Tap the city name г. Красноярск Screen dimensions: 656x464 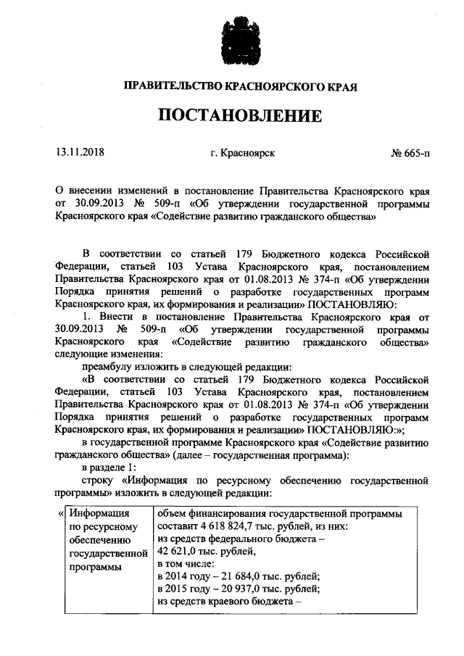pos(242,153)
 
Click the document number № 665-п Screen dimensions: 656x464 pos(410,153)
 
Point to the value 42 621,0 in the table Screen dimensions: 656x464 pos(178,552)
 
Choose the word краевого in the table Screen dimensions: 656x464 pos(236,602)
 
